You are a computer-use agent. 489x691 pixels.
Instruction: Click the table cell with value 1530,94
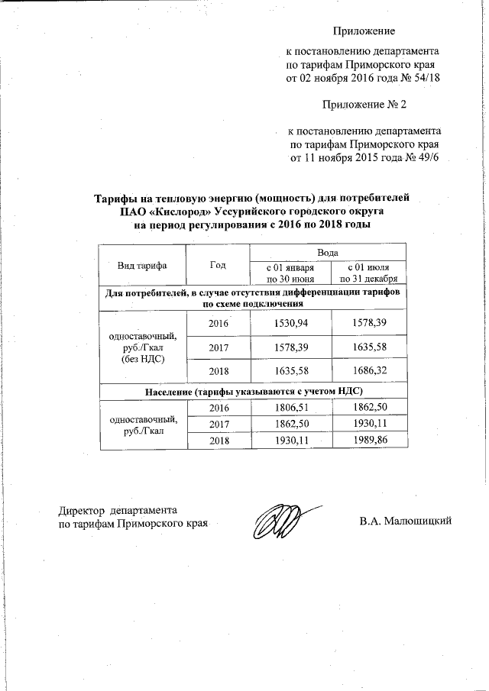point(291,324)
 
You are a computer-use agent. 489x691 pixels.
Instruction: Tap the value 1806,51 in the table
point(291,408)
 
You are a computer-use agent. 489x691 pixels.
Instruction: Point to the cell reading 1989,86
point(368,441)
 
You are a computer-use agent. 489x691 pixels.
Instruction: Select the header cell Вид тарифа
point(141,264)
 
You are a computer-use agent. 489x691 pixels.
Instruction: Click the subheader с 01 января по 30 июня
point(291,272)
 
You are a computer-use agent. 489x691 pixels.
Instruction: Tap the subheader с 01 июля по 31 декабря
point(368,272)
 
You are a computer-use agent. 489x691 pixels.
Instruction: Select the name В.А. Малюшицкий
point(406,521)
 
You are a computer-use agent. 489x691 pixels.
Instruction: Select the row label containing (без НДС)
point(143,358)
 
